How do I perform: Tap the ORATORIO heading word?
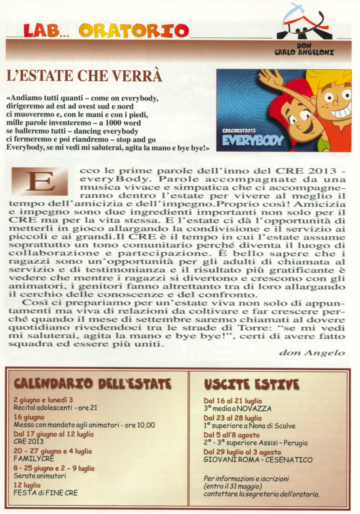134,31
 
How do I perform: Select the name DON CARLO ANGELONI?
304,49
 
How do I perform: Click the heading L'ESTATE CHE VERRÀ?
84,76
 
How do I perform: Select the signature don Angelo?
312,352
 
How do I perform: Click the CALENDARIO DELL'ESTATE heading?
93,384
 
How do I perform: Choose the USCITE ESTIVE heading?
251,384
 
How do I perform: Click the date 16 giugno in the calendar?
29,417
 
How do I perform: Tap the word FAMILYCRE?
34,458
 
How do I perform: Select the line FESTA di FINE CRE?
45,492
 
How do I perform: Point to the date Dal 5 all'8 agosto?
231,435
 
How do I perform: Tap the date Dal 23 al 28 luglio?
233,418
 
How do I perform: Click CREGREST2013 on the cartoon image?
239,130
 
